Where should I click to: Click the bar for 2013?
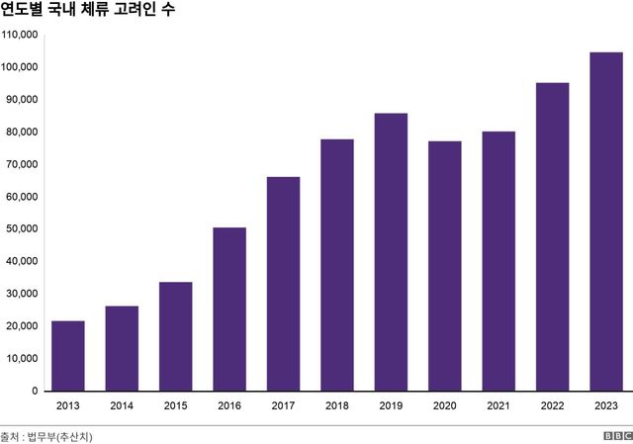click(68, 356)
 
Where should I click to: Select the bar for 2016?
click(229, 310)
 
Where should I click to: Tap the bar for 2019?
click(391, 252)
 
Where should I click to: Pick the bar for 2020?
click(444, 266)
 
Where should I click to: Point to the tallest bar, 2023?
click(605, 222)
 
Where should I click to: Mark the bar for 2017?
click(283, 284)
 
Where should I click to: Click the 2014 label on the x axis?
click(122, 405)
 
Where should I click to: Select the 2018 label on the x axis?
click(337, 405)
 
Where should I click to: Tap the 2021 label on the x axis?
click(498, 405)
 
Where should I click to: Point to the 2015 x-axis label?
click(175, 405)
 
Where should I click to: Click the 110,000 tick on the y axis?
click(20, 35)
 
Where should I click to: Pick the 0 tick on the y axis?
click(35, 392)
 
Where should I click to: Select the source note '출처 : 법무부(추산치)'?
click(53, 435)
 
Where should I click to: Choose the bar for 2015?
click(175, 336)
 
